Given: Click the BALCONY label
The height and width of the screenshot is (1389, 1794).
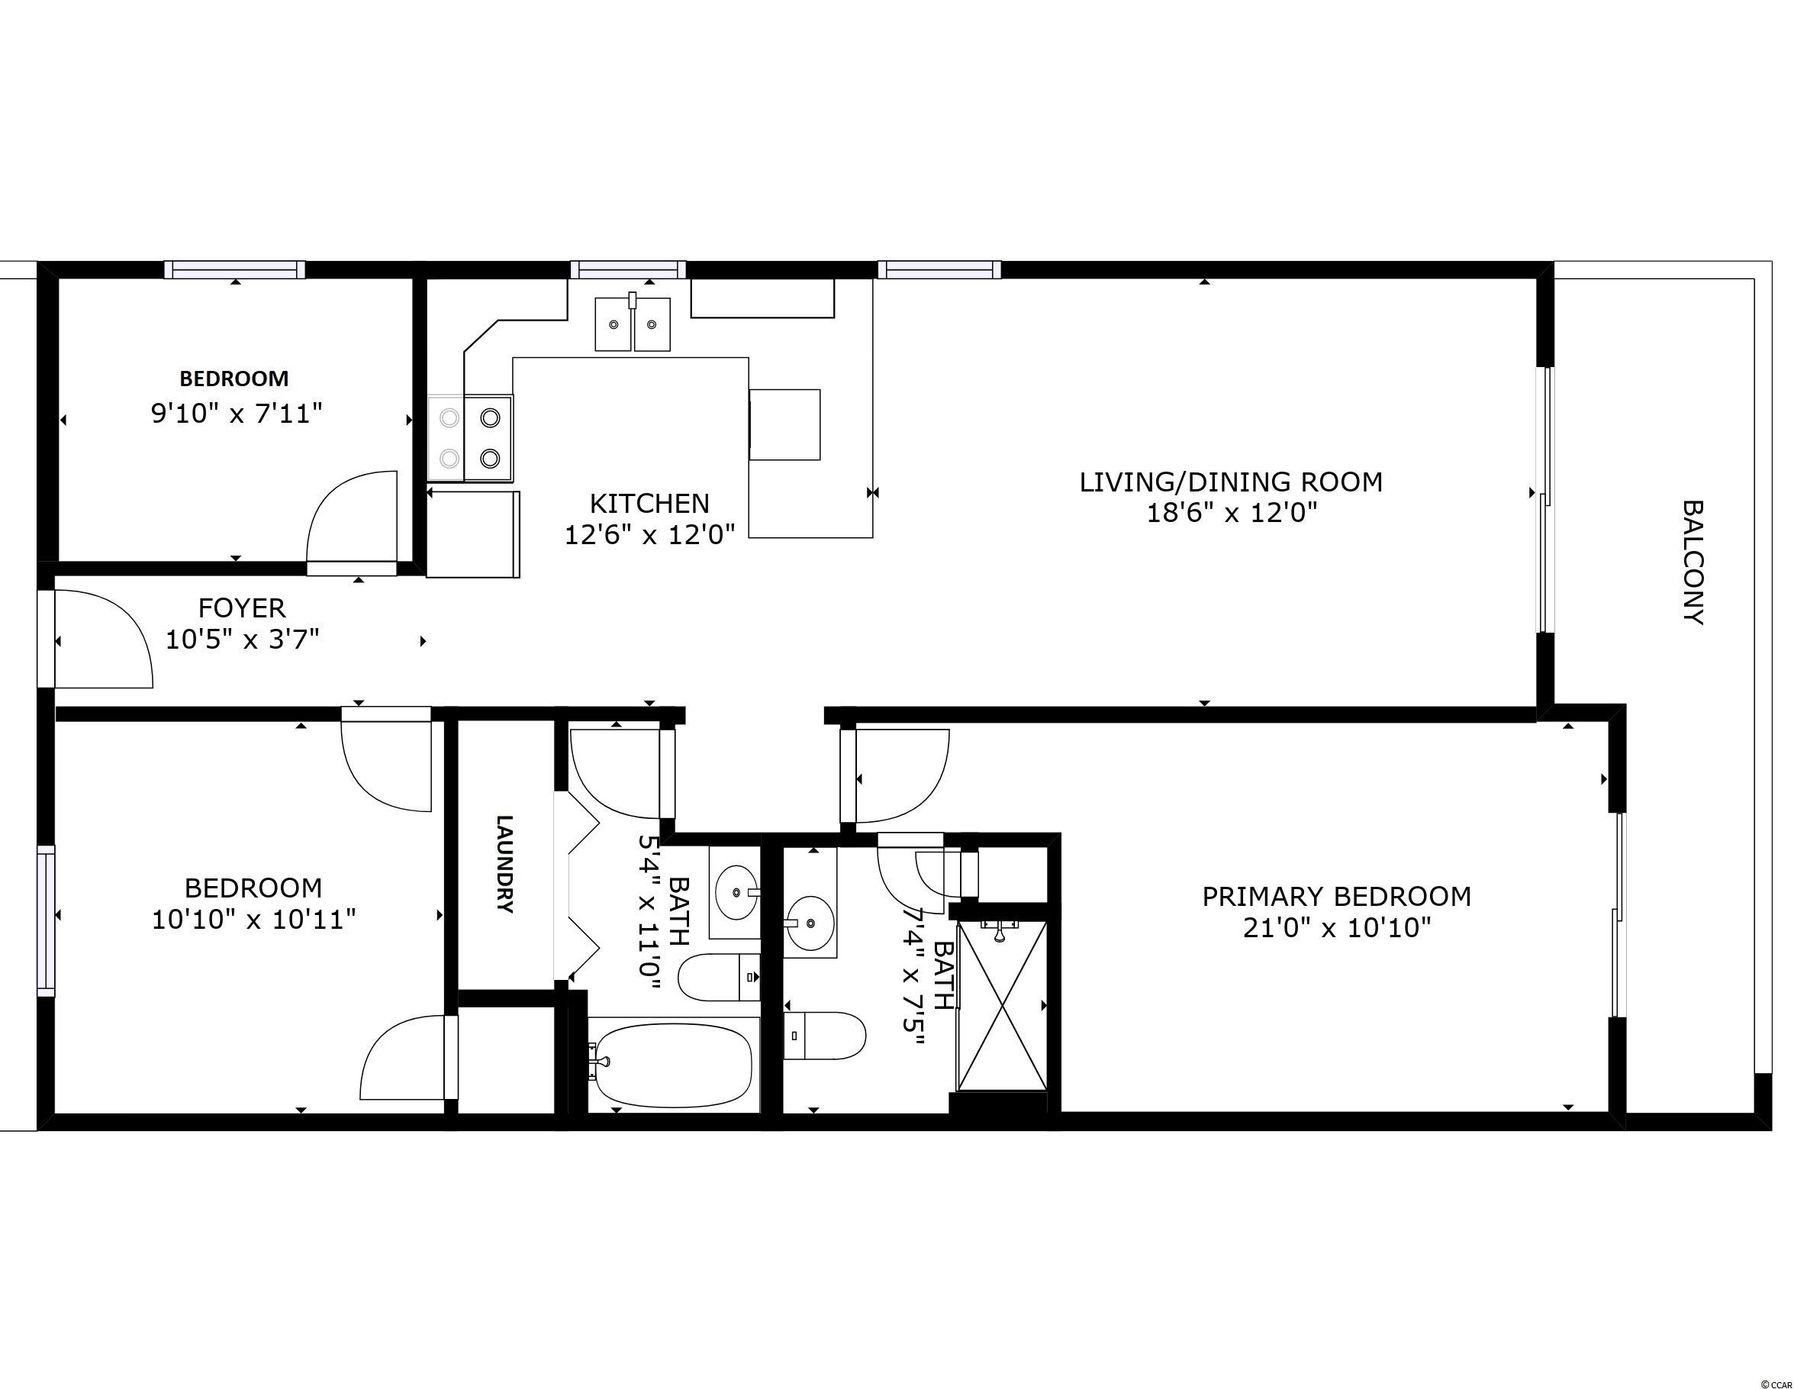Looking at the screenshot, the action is (x=1693, y=562).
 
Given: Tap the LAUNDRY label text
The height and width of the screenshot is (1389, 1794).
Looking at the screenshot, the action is (x=505, y=863).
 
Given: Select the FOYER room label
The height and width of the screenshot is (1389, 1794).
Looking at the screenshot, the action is (x=243, y=607).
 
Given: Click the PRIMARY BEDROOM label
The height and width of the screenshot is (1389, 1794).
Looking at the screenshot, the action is (x=1336, y=896).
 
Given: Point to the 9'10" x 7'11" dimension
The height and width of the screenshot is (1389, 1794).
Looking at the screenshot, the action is (x=237, y=413).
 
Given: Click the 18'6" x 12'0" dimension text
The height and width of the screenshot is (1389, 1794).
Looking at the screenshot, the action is (x=1232, y=514).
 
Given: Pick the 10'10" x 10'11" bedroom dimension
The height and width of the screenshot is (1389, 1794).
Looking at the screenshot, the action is (x=254, y=919).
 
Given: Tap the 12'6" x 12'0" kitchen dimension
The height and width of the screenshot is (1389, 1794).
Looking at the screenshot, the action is (x=649, y=535).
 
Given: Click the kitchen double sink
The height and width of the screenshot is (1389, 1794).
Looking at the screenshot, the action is (x=633, y=324).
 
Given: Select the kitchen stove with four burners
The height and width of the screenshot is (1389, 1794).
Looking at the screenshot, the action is (x=470, y=438).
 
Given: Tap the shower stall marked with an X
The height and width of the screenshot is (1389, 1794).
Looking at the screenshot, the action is (x=1002, y=1006).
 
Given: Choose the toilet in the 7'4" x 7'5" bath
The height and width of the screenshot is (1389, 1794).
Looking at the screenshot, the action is (x=825, y=1036).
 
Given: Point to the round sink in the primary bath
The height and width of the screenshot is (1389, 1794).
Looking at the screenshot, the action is (x=810, y=923).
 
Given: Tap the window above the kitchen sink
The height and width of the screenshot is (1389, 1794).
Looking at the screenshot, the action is (x=628, y=269).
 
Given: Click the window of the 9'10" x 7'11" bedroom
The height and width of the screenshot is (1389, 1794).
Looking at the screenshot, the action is (x=235, y=269).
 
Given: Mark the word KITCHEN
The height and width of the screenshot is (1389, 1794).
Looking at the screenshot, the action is (x=649, y=503).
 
